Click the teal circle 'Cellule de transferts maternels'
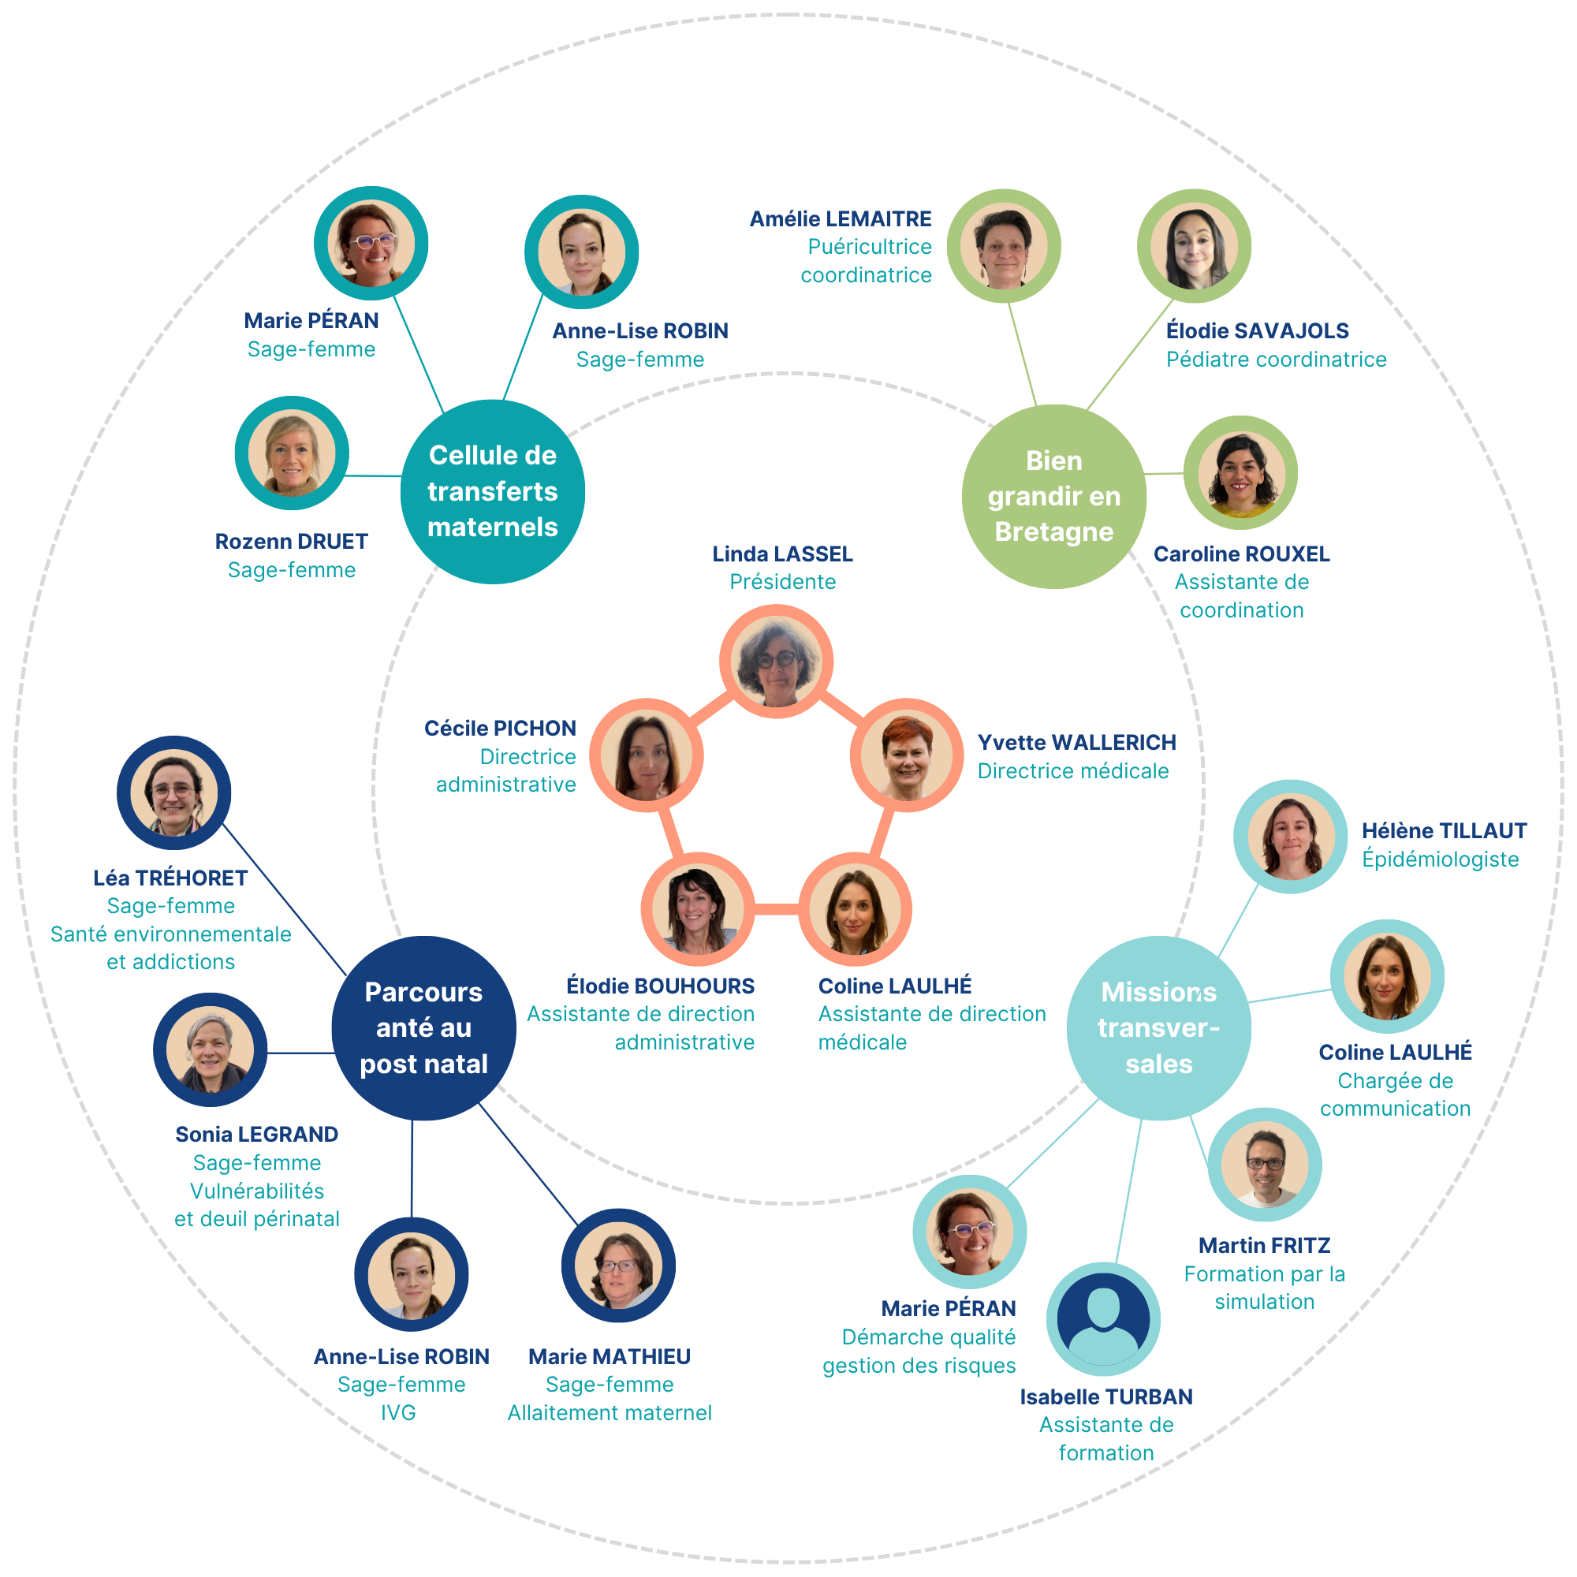click(492, 491)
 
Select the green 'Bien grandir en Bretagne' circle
click(1053, 496)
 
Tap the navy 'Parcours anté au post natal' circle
click(423, 1027)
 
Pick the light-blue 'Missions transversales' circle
click(1158, 1027)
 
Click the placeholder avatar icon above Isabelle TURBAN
click(1104, 1319)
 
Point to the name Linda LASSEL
click(782, 554)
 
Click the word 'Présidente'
click(782, 582)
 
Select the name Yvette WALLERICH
click(1076, 743)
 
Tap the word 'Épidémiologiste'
click(1440, 859)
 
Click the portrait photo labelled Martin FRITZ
click(1265, 1165)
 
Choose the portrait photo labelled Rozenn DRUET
click(293, 453)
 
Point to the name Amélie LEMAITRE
click(840, 218)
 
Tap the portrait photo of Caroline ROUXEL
click(1240, 472)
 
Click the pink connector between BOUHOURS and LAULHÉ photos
click(775, 909)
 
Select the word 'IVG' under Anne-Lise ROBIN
click(398, 1413)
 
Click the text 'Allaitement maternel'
click(609, 1413)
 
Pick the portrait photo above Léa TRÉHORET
click(173, 792)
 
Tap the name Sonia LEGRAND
click(256, 1135)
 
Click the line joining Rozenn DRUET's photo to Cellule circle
click(373, 475)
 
